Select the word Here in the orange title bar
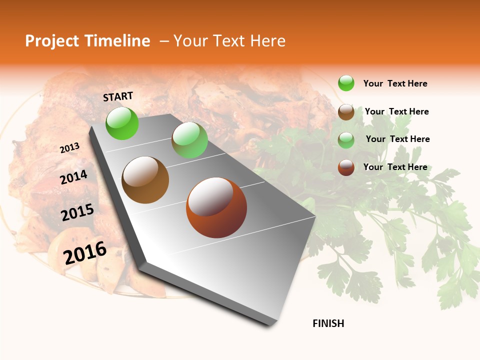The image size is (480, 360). point(267,41)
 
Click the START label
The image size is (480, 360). point(118,96)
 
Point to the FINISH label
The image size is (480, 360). point(328,323)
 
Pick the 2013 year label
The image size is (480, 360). point(70,148)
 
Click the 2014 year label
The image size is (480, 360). point(74,177)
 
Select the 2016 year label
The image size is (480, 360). point(85,253)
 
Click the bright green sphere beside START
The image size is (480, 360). point(122,123)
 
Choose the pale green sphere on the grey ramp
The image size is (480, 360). point(189,140)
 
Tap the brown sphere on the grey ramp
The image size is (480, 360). point(145,179)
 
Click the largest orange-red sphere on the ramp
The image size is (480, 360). point(216,207)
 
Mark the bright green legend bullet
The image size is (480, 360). point(346,83)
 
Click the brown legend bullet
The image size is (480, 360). point(346,112)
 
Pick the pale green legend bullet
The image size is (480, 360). point(346,140)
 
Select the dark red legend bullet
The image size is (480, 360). point(346,167)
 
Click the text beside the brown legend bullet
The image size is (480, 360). point(396,111)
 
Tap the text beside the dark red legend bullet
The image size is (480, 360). point(395,167)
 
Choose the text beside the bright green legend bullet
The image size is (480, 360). point(395,83)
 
